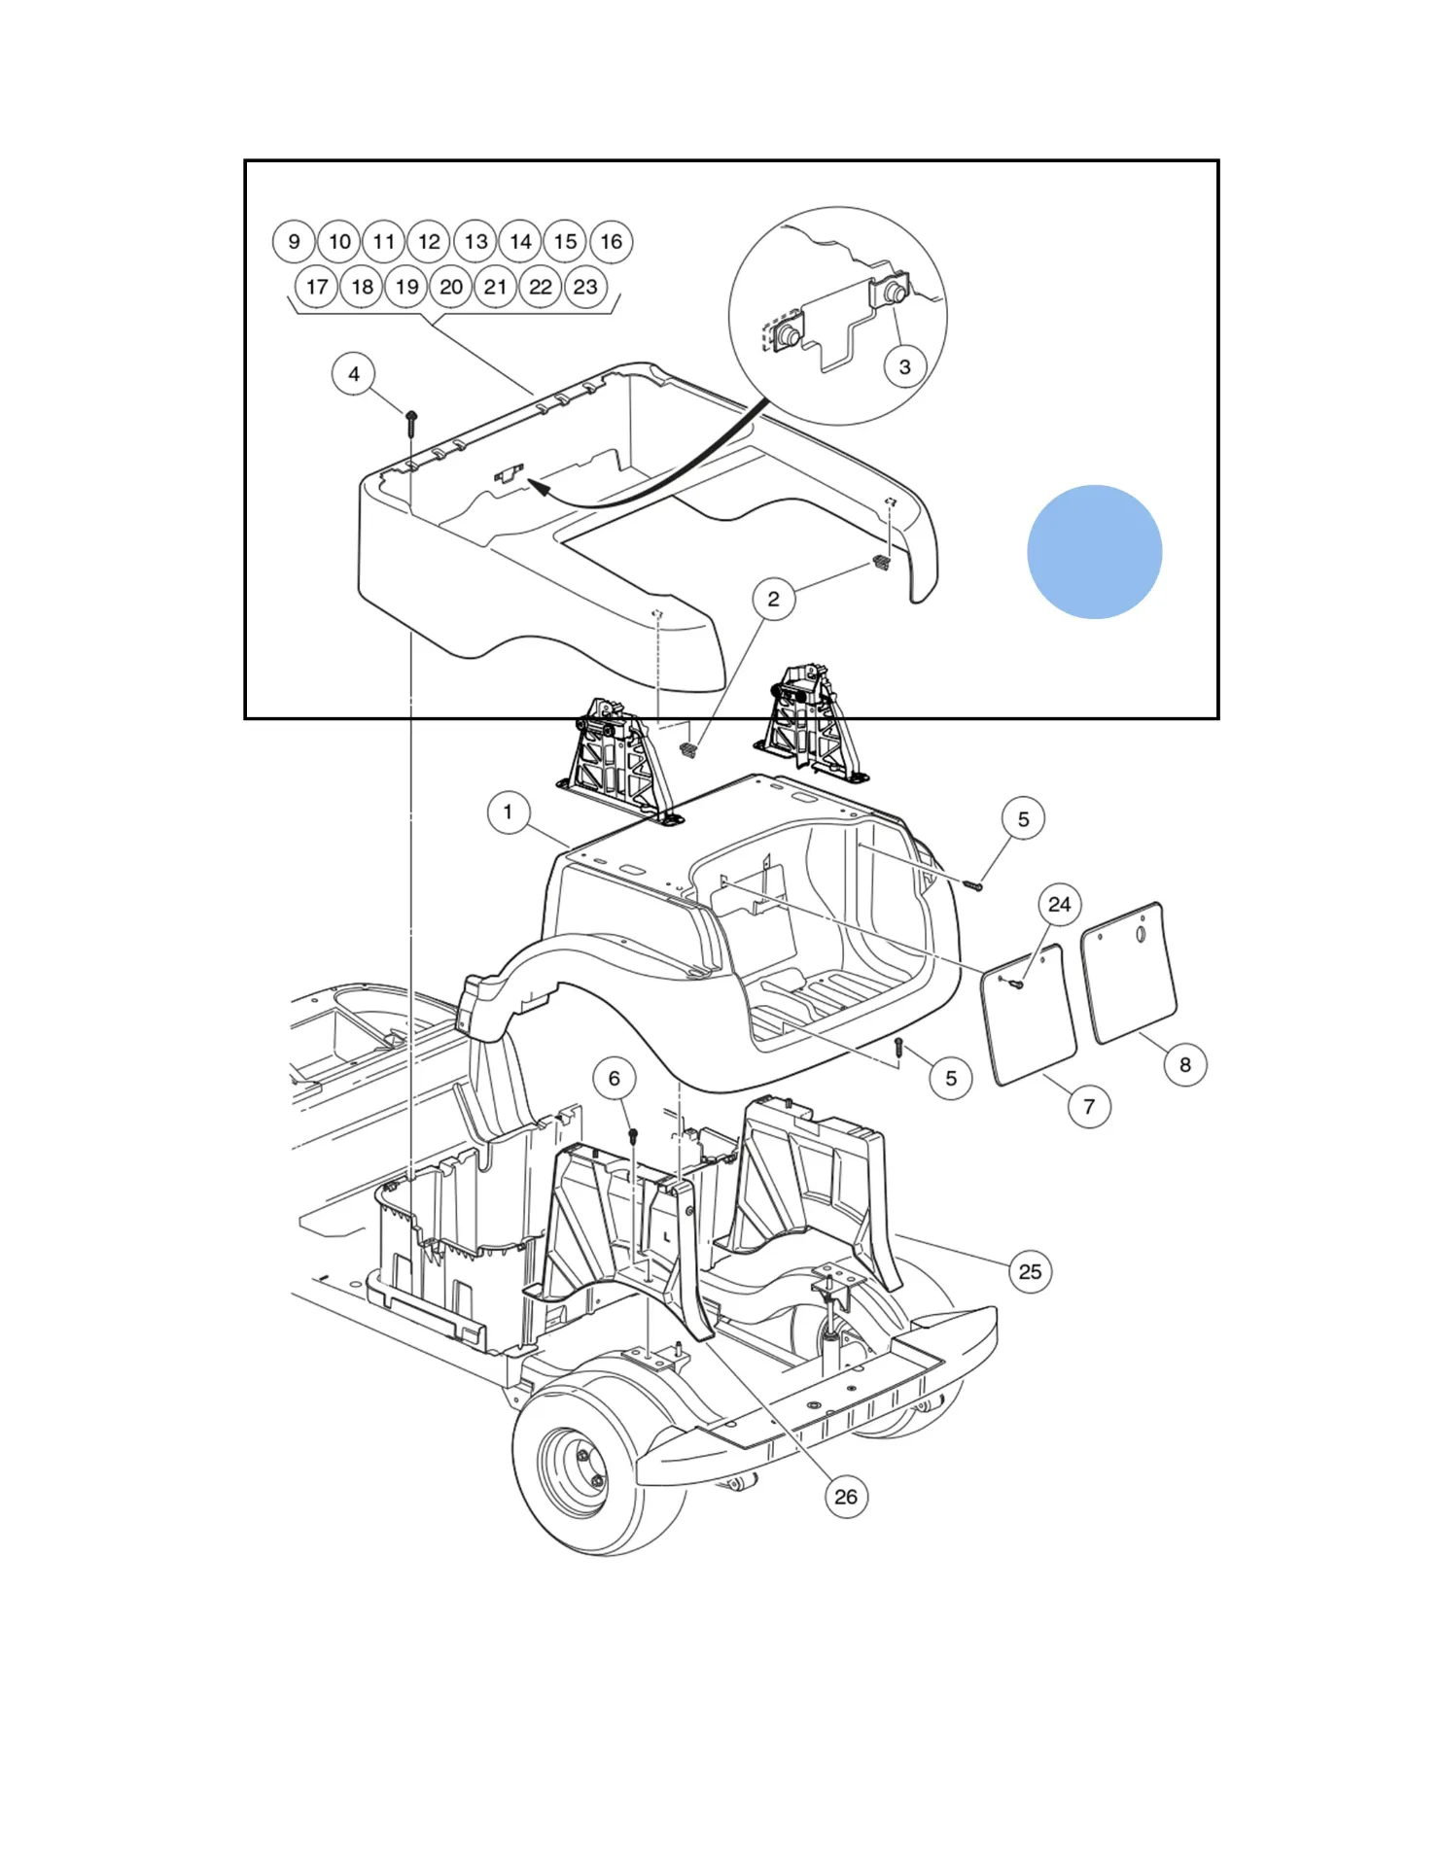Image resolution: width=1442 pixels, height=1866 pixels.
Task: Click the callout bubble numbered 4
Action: pos(354,374)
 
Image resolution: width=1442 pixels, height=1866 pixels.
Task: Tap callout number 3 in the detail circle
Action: pos(904,367)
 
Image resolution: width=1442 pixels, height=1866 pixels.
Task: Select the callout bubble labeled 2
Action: pos(773,599)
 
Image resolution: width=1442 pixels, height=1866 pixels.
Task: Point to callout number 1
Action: pos(508,812)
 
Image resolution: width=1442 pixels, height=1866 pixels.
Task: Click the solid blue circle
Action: pos(1094,552)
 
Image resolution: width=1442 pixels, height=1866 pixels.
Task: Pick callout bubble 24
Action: pos(1059,905)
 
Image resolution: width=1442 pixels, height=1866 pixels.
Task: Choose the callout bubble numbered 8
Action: pos(1184,1065)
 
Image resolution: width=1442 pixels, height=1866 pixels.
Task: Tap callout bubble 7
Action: pos(1089,1107)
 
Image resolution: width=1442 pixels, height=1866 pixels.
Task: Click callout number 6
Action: pos(614,1079)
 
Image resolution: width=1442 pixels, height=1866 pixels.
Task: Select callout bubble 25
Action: pos(1030,1272)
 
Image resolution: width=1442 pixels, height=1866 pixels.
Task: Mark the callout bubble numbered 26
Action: pos(846,1497)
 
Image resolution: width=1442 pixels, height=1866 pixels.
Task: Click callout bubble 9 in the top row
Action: pos(294,242)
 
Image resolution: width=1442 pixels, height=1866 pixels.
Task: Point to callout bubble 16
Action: pos(611,242)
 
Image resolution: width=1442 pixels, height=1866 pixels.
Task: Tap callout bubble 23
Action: pos(585,288)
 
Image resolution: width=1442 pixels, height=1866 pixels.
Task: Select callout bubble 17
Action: pos(317,288)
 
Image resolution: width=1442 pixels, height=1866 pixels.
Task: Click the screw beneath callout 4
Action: pos(411,421)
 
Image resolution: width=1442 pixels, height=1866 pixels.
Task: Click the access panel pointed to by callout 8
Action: pos(1129,973)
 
